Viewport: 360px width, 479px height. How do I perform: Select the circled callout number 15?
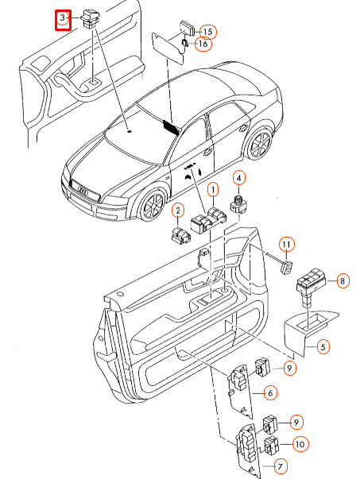coord(207,32)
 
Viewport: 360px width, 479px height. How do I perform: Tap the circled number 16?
coord(203,44)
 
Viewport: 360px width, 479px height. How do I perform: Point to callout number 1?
coord(213,190)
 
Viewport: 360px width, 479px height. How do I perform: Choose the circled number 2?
coord(178,211)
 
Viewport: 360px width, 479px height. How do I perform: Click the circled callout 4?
coord(239,178)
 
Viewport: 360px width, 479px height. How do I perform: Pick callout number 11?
coord(286,244)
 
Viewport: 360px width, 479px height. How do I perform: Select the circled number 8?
coord(343,280)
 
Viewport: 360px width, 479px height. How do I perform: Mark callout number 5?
coord(323,346)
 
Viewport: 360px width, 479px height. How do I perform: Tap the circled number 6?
coord(270,393)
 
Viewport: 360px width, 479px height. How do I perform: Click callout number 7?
coord(280,466)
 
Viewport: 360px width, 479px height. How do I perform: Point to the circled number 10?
coord(300,444)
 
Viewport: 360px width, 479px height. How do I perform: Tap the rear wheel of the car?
coord(261,143)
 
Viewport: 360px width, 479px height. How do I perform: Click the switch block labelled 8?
coord(310,287)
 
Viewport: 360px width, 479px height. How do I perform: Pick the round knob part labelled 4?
coord(238,204)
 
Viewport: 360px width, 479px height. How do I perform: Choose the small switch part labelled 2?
coord(180,235)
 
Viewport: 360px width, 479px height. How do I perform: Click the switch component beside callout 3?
coord(90,18)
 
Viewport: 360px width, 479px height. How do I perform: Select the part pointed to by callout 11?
coord(286,268)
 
